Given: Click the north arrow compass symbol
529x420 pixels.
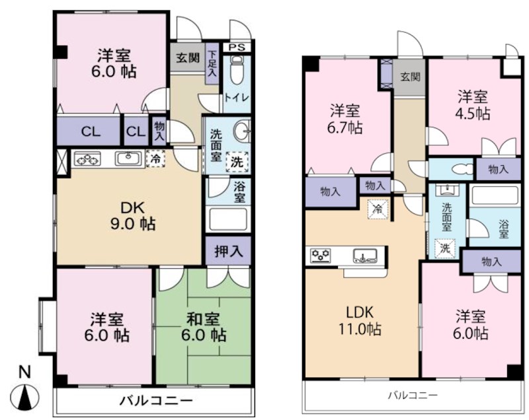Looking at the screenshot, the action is [24, 391].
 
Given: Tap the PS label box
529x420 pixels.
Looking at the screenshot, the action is [237, 47].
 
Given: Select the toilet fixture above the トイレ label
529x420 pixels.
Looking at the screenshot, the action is [237, 70].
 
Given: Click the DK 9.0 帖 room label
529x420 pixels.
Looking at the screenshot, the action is [133, 215].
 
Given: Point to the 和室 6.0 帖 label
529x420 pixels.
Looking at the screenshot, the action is [203, 327].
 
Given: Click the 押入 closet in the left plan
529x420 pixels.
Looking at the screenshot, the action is [228, 251].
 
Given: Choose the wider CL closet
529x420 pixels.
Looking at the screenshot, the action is [89, 131].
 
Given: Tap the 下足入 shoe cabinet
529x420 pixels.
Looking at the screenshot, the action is [212, 63].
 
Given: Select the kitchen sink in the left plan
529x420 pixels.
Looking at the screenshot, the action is [128, 158].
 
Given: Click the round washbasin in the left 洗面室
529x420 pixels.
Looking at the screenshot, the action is [242, 129].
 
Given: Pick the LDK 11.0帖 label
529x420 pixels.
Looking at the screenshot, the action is [360, 320].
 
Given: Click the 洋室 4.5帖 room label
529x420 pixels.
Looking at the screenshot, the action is [473, 106].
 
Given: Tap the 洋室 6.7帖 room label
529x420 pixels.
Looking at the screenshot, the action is [345, 120].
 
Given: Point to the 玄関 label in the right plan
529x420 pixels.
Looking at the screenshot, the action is [410, 77].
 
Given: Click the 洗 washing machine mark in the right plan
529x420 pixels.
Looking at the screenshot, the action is [444, 248].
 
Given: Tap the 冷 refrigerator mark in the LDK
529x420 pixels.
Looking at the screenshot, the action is [378, 209].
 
